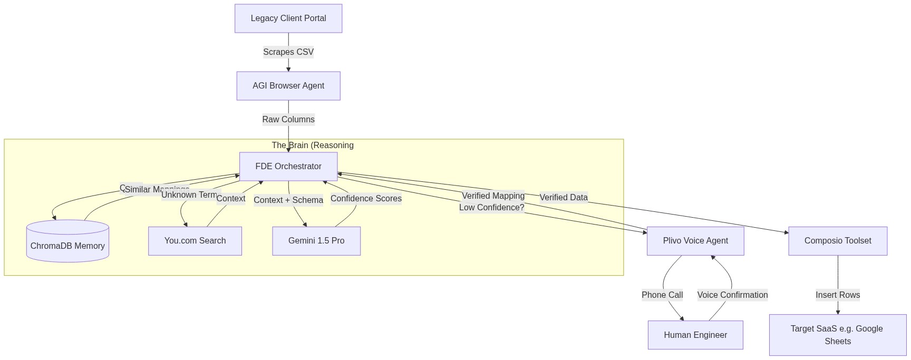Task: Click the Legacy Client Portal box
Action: click(288, 18)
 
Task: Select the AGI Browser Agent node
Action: click(288, 86)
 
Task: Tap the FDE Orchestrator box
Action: click(288, 167)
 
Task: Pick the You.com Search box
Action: click(195, 241)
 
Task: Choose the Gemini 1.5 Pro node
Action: click(316, 241)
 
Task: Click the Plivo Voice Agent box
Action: click(695, 241)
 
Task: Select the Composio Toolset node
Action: click(838, 241)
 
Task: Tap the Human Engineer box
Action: click(695, 335)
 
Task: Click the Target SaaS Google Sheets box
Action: click(837, 335)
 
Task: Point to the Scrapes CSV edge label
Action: click(288, 52)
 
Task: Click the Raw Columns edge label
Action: click(288, 120)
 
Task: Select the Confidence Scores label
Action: click(366, 199)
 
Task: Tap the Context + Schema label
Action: click(288, 200)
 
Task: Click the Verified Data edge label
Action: click(563, 198)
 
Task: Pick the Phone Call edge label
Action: click(662, 295)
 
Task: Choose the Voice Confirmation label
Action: click(732, 295)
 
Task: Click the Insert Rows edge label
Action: click(838, 295)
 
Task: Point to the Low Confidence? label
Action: click(491, 208)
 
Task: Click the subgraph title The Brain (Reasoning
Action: click(313, 145)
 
